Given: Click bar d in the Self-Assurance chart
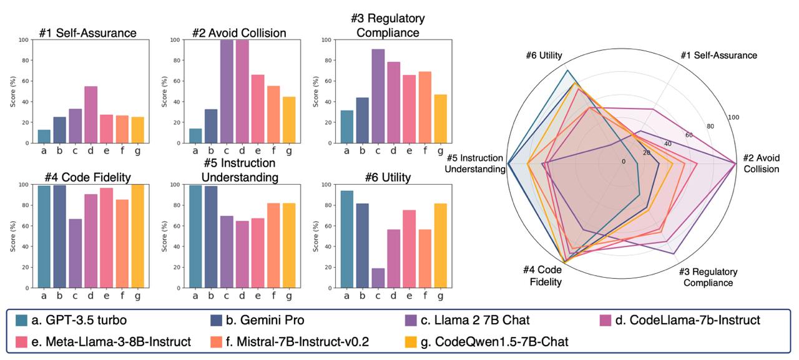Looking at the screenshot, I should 91,115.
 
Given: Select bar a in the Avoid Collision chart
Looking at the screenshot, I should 195,136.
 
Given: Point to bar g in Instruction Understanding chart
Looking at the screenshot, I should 289,245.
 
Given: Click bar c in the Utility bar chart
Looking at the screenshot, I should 377,278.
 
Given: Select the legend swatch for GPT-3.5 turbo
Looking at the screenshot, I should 22,321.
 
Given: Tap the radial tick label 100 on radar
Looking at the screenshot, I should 733,117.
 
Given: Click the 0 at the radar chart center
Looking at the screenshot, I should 622,161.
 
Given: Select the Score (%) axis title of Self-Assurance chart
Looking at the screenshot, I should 13,92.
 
